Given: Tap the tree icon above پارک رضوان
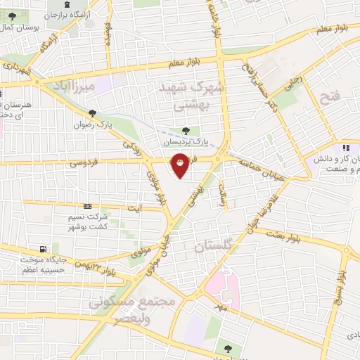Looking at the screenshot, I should point(92,113).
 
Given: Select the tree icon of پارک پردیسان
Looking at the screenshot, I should point(186,131).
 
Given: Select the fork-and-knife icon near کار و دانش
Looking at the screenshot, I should point(345,148).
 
